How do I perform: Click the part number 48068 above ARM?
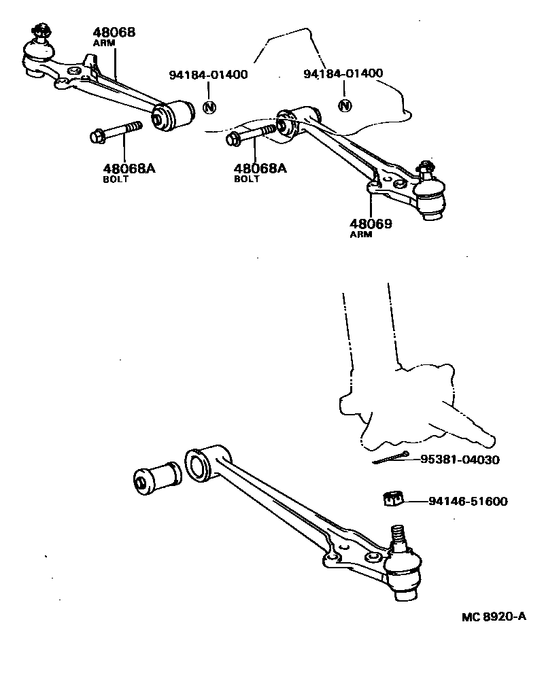[x=114, y=32]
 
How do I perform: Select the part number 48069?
[x=371, y=223]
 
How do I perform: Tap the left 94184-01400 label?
[x=208, y=74]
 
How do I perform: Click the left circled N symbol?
[x=209, y=107]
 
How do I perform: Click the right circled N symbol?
[x=345, y=105]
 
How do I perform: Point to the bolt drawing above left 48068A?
[x=116, y=132]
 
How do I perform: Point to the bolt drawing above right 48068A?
[x=252, y=134]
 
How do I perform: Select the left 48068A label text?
[x=129, y=168]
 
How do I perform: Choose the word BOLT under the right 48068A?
[x=247, y=179]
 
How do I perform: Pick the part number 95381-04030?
[x=460, y=460]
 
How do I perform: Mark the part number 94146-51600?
[x=469, y=502]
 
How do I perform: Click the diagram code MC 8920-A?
[x=494, y=617]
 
